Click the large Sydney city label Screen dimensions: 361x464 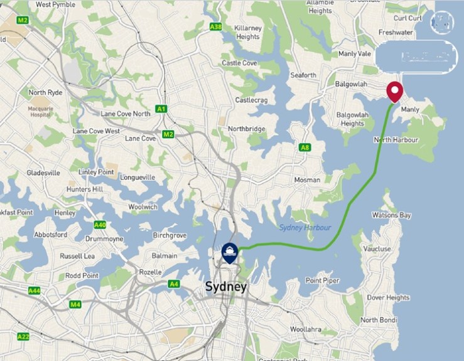point(226,287)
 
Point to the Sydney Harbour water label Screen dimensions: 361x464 point(305,228)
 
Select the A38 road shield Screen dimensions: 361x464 point(216,27)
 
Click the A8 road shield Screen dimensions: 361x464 point(305,148)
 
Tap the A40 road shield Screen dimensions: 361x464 point(99,225)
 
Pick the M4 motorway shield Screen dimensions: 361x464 point(75,304)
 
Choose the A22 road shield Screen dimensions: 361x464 point(23,337)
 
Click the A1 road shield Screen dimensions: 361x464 point(161,109)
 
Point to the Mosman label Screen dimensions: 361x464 point(306,180)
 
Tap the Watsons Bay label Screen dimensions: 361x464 point(391,215)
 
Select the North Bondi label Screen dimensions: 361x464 point(379,320)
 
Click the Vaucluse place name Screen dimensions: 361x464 point(376,249)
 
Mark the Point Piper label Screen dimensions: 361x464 point(323,280)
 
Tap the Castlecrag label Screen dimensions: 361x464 point(251,100)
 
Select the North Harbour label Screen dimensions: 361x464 point(396,140)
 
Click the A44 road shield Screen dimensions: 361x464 point(34,291)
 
